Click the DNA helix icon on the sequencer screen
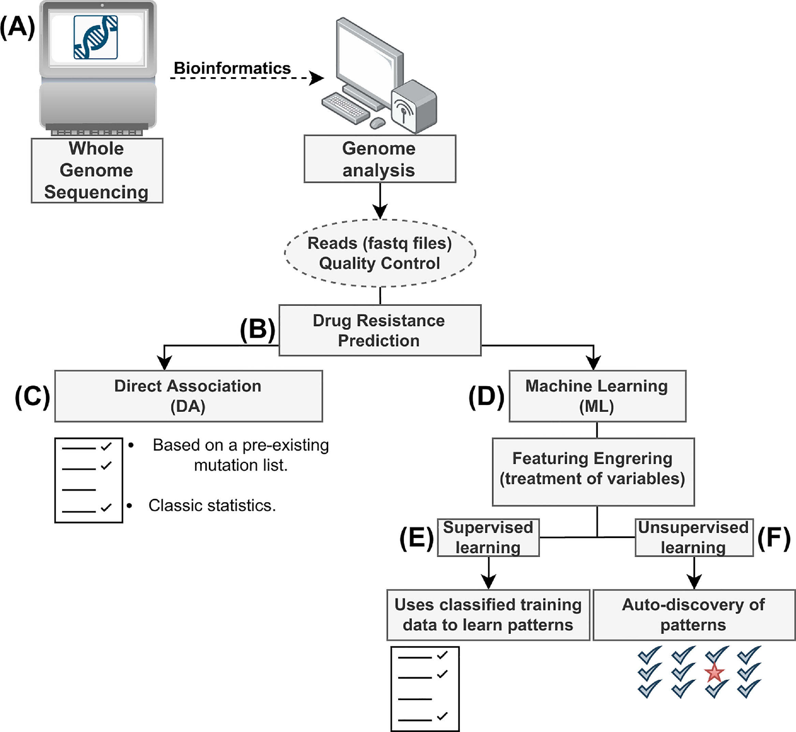point(96,37)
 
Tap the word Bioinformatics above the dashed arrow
point(232,68)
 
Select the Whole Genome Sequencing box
point(97,170)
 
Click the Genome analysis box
point(380,159)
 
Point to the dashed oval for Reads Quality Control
point(380,253)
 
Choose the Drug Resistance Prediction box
point(380,330)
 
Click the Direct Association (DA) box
point(188,396)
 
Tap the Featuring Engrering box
point(593,471)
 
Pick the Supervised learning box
point(488,537)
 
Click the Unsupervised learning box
point(694,537)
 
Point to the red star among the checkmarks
point(714,673)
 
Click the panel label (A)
point(17,28)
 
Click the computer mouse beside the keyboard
point(377,123)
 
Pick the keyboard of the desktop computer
point(345,108)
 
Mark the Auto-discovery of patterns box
point(694,615)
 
